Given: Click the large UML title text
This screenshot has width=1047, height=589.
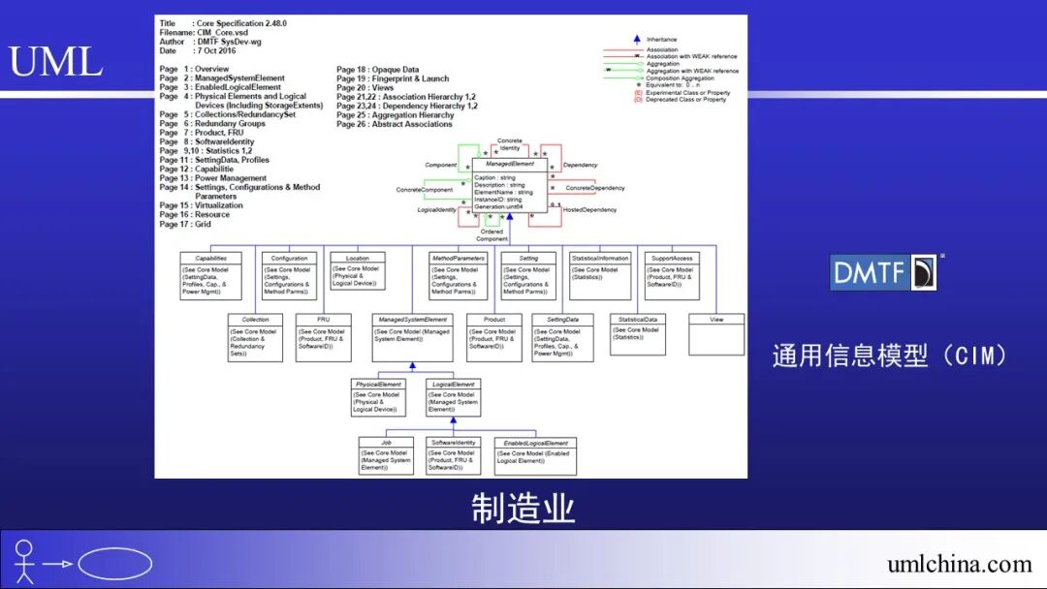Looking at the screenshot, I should (56, 61).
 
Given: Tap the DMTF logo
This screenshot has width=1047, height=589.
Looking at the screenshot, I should (883, 272).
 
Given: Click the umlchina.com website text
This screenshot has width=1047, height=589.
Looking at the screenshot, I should (959, 564).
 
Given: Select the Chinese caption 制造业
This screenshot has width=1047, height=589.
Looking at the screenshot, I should (523, 508).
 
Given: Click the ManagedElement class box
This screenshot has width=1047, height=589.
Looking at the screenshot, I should (510, 185).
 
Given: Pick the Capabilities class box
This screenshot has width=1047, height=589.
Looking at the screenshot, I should (210, 276).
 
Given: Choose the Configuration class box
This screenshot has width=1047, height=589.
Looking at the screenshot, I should (289, 276).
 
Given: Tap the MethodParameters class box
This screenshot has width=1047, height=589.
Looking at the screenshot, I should (458, 276).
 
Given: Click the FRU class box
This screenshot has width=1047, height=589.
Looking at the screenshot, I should (323, 337).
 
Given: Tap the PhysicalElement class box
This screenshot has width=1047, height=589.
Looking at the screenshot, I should (378, 398).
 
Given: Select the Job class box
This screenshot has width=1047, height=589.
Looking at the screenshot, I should (386, 456).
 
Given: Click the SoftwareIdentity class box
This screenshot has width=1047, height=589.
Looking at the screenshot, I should (454, 456).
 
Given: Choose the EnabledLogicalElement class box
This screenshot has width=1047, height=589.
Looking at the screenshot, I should (535, 456).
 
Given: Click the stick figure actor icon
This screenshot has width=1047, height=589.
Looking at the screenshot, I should (24, 562).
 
